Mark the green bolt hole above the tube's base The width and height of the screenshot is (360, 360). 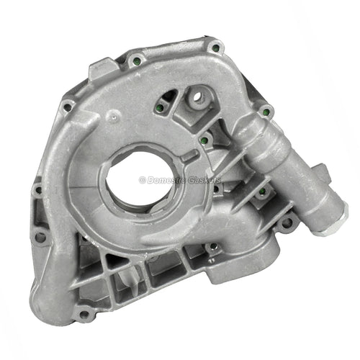pyautogui.click(x=264, y=112)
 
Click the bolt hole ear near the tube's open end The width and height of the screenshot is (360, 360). pyautogui.click(x=287, y=222)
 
